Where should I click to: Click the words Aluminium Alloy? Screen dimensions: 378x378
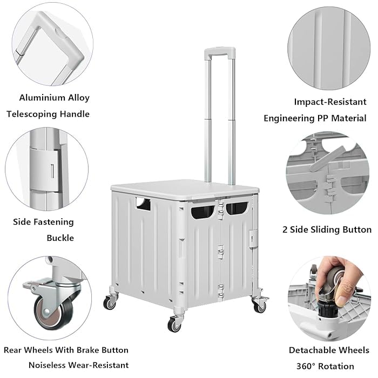click(54, 98)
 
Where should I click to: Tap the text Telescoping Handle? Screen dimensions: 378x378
click(48, 114)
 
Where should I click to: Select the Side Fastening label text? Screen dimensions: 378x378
click(44, 221)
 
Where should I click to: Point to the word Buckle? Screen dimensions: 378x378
click(60, 238)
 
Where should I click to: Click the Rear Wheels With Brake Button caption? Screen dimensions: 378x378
click(66, 350)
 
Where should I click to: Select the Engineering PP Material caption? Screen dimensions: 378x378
click(314, 118)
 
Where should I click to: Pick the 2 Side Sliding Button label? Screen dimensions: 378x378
click(327, 230)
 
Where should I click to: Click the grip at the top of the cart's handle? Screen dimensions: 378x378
click(219, 53)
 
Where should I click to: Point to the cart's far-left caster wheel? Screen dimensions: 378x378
click(111, 302)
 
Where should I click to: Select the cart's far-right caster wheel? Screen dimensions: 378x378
click(260, 305)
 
